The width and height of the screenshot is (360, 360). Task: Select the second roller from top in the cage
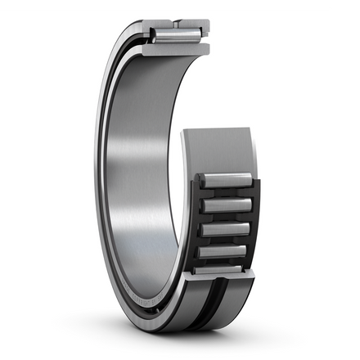[x=225, y=205]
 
